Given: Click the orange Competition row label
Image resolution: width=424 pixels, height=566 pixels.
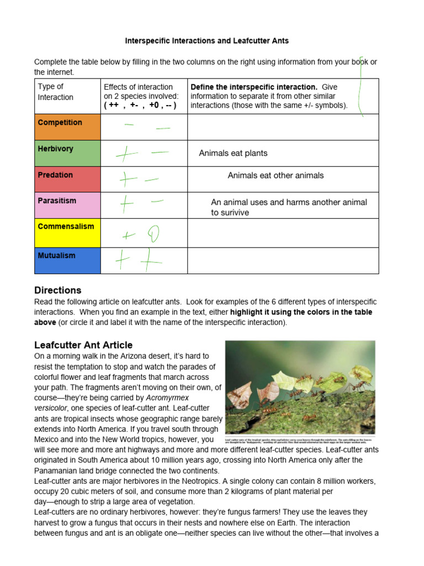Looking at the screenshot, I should pos(60,123).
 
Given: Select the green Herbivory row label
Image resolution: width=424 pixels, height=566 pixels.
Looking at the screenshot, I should pos(55,149).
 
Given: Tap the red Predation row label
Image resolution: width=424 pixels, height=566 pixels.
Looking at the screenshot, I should pos(55,175).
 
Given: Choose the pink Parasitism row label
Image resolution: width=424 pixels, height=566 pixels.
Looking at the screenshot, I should pos(57,201).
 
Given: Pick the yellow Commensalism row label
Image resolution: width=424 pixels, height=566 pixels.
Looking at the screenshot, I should pos(66,227).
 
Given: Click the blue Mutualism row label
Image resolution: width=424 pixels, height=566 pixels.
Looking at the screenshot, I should pos(56,256).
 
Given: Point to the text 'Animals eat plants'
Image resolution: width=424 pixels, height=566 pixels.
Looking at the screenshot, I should pos(233,153).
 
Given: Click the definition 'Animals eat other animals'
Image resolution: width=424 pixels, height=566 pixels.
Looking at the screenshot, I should pos(275,175).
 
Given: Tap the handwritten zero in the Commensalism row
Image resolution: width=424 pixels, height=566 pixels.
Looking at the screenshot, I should pos(152,235).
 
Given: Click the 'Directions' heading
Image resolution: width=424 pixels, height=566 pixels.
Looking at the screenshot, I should pos(57,290).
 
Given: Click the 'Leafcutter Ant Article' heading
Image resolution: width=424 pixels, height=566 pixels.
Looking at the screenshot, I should pos(83,345).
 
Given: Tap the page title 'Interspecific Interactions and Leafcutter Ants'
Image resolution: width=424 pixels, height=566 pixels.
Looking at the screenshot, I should pos(207,41).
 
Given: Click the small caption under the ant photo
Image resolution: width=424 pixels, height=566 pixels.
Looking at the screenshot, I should pos(300,441).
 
